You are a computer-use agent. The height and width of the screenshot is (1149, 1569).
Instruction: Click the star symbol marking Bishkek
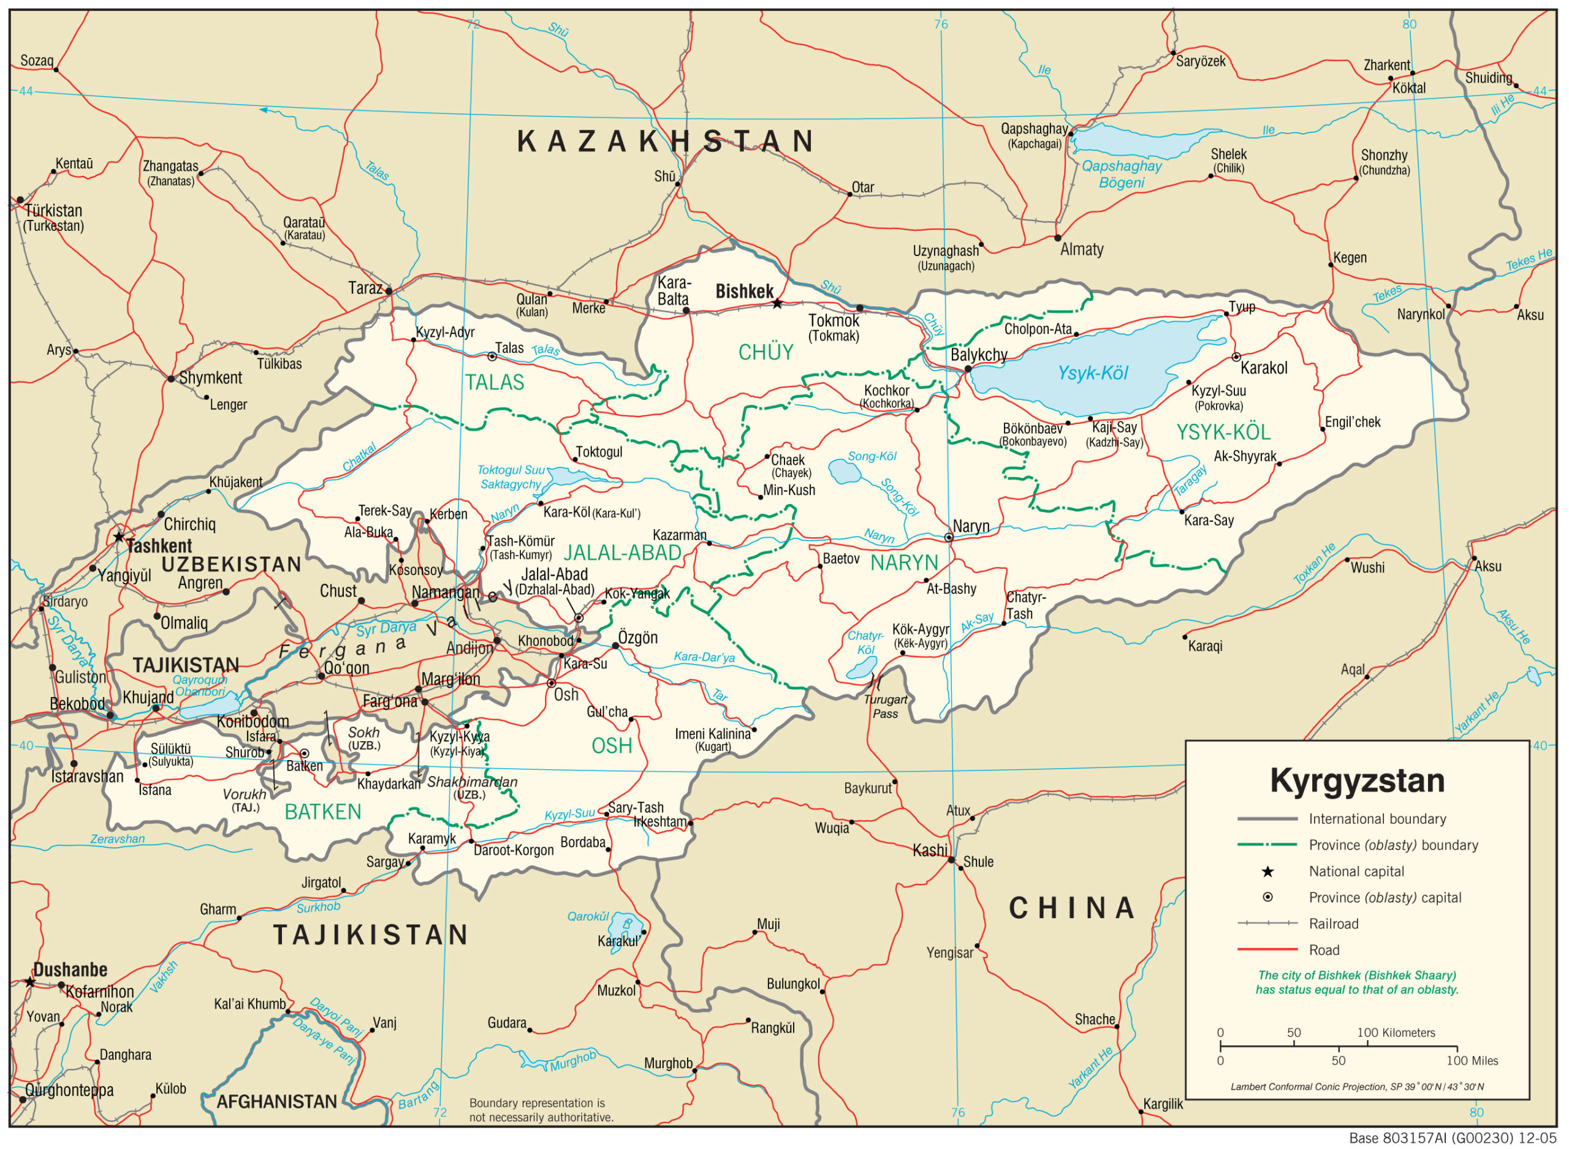coord(777,304)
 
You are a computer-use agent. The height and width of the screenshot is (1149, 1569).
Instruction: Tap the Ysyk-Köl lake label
coord(1092,374)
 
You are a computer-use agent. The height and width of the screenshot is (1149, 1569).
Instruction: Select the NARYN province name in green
coord(904,563)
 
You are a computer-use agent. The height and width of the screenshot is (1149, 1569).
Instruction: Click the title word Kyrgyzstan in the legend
coord(1357,780)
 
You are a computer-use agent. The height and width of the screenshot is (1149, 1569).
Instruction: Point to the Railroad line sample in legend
coord(1267,924)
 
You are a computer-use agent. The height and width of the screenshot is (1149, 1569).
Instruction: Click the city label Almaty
coord(1081,250)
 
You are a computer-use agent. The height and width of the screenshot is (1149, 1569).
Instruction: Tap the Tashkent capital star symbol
coord(119,537)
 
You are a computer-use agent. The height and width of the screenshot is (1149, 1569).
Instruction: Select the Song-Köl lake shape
coord(845,472)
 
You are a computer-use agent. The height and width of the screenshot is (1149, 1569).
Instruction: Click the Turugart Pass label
coord(885,707)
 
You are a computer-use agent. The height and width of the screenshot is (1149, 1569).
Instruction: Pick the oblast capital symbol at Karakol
coord(1236,357)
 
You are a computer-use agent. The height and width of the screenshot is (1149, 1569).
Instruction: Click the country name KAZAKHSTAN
coord(666,142)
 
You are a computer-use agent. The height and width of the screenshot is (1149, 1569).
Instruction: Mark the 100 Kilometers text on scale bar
coord(1396,1033)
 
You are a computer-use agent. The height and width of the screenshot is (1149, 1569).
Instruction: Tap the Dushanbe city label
coord(70,970)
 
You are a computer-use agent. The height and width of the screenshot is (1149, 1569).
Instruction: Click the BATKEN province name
coord(323,812)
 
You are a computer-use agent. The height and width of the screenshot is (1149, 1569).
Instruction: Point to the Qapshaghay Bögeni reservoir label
coord(1121,175)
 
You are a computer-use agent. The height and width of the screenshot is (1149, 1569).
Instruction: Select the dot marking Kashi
coord(952,861)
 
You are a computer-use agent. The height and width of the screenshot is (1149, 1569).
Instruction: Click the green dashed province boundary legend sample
coord(1267,845)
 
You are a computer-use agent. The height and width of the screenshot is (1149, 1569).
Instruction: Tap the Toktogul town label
coord(599,452)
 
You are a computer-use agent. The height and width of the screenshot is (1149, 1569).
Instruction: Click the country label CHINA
coord(1072,908)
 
